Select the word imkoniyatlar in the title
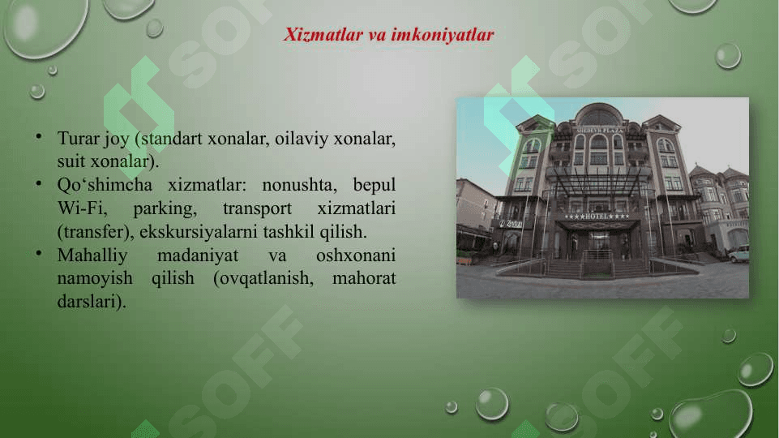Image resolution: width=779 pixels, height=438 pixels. coord(442,34)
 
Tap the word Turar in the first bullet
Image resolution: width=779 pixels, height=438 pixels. coord(79,138)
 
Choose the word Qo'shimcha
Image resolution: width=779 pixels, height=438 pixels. coord(105,184)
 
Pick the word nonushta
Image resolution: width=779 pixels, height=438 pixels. coord(299,185)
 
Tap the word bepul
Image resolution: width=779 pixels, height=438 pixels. coord(375,186)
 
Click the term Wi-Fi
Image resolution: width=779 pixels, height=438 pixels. coord(82,208)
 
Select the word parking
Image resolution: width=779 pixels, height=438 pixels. coord(165,208)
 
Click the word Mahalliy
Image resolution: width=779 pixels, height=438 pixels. coord(92,255)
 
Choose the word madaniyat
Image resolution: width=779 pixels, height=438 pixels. coord(198,255)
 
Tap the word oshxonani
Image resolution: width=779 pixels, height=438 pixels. coord(356,255)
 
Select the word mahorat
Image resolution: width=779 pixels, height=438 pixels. coord(364,278)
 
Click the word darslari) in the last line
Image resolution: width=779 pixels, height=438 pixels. coord(92,302)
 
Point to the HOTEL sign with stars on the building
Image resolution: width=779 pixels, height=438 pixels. coord(597,217)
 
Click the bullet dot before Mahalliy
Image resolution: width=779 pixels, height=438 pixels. coord(38,254)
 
